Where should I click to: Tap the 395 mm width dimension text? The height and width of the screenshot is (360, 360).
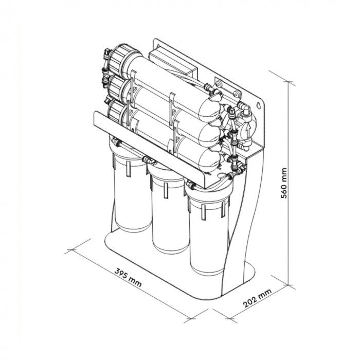tap(128, 278)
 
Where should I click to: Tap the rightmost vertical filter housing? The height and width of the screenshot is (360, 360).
tap(208, 231)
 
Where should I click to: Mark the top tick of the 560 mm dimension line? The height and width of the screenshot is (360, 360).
tap(289, 82)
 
